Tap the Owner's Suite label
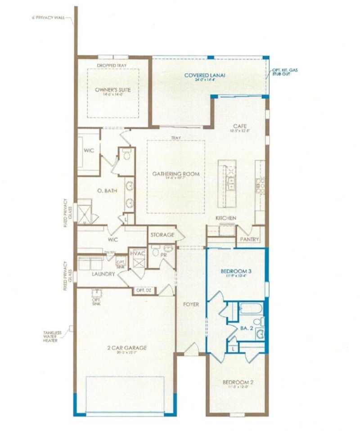click(113, 90)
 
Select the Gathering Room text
click(175, 174)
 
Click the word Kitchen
click(226, 218)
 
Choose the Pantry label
click(249, 239)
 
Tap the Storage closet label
click(162, 235)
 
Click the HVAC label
click(137, 253)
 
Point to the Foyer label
click(191, 305)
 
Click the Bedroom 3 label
click(236, 271)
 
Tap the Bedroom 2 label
click(238, 383)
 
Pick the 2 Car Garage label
click(126, 347)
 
